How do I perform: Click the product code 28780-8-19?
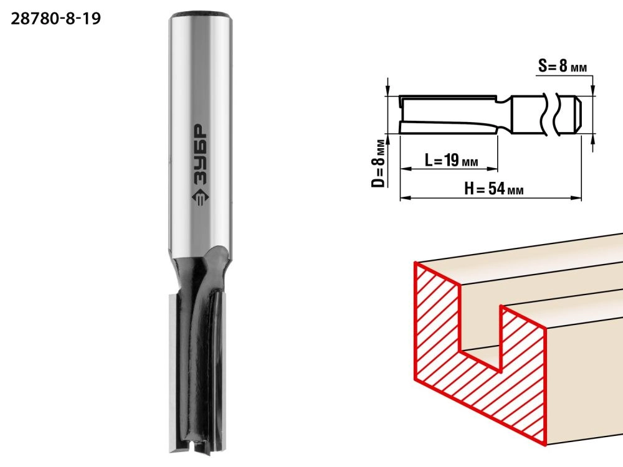click(x=55, y=19)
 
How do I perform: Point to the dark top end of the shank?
click(x=200, y=15)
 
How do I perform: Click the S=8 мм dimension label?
click(x=563, y=66)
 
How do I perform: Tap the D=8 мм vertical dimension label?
click(x=379, y=163)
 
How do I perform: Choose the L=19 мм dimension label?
click(x=451, y=160)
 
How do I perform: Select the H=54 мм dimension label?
click(x=493, y=189)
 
